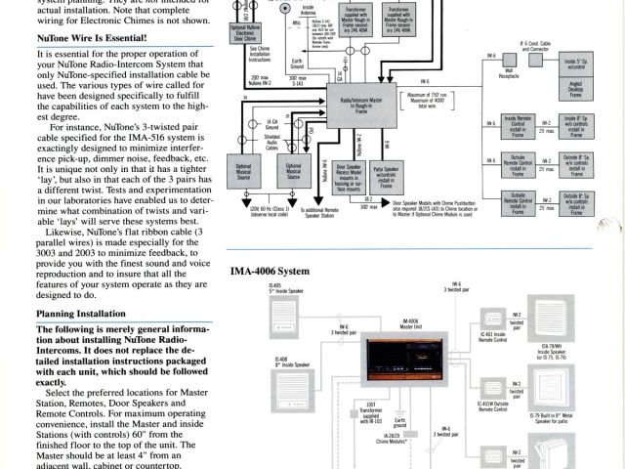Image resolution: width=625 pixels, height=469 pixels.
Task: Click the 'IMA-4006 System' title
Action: (271, 271)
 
